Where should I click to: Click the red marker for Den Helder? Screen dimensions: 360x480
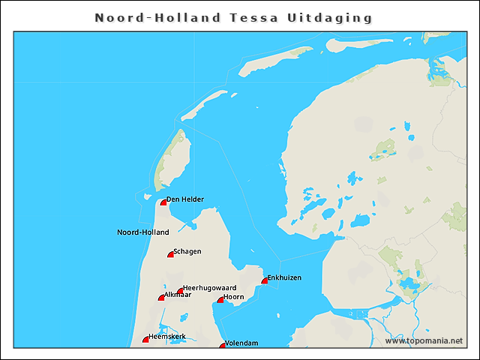click(x=163, y=202)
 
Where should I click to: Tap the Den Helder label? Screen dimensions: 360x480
click(x=185, y=199)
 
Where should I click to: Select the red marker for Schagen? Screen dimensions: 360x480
click(x=170, y=255)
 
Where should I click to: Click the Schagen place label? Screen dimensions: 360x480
click(x=187, y=252)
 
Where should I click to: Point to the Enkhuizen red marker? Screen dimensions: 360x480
click(x=264, y=281)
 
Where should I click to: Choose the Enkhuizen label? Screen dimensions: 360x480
click(x=284, y=278)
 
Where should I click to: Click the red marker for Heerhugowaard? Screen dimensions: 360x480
click(x=180, y=291)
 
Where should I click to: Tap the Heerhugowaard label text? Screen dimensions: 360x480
click(x=210, y=288)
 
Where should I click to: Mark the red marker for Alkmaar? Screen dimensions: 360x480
click(x=161, y=298)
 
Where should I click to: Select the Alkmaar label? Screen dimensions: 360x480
click(x=178, y=295)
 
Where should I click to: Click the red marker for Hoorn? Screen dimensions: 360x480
click(x=220, y=300)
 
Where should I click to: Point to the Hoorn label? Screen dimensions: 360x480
click(x=234, y=298)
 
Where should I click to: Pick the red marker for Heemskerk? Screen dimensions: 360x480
click(x=146, y=340)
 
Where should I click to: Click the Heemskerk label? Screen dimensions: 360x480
click(x=167, y=337)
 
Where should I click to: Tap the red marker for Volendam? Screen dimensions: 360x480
click(x=222, y=345)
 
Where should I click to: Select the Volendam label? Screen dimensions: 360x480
click(x=241, y=343)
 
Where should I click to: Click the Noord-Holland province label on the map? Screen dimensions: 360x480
click(x=143, y=232)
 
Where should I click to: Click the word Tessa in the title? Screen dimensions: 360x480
click(x=255, y=17)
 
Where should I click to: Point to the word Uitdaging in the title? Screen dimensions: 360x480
click(x=330, y=17)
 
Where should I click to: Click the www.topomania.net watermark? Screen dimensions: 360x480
click(x=424, y=341)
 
